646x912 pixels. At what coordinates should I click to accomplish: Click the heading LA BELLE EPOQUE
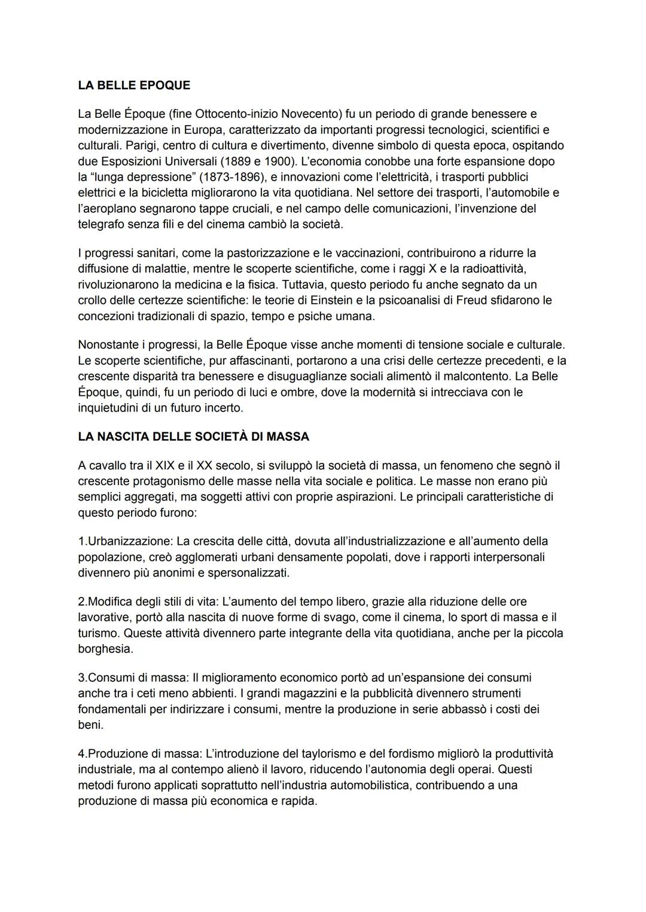coord(134,85)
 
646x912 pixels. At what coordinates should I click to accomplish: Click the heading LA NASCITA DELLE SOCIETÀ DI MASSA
coord(193,437)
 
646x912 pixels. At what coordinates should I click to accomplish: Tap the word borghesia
coord(105,649)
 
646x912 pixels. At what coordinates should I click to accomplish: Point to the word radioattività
coord(492,269)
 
